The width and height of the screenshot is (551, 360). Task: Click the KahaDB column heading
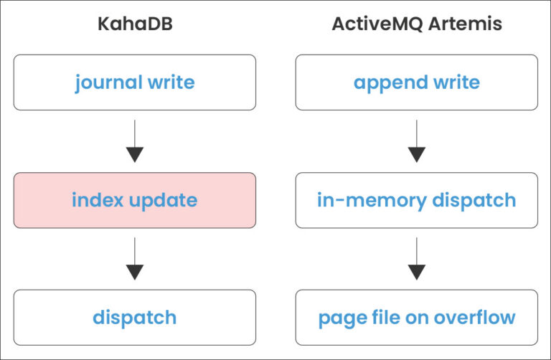coord(134,24)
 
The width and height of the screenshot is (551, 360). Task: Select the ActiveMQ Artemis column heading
coord(416,24)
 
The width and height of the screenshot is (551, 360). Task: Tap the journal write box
coord(134,82)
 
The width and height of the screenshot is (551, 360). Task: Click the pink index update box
coord(134,200)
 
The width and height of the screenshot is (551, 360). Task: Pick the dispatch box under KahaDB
coord(134,317)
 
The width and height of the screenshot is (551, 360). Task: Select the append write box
coord(416,82)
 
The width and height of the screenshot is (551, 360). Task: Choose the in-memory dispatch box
coord(416,200)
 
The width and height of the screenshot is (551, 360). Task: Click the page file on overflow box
coord(416,317)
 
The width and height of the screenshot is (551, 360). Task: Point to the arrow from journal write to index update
coord(134,141)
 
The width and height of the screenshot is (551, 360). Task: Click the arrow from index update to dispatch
coord(134,259)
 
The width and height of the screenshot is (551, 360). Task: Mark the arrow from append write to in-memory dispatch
coord(416,141)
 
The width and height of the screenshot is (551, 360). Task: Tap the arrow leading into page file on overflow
coord(416,259)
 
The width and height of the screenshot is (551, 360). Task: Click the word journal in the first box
coord(108,82)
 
